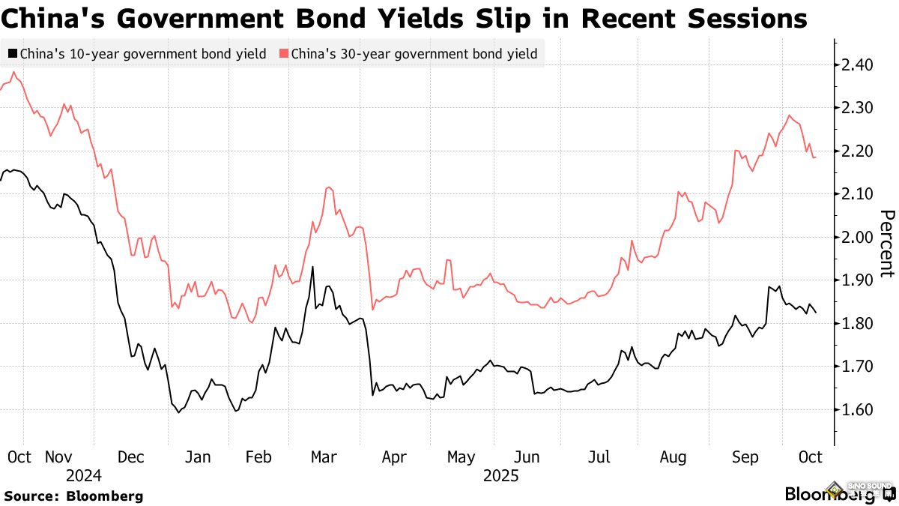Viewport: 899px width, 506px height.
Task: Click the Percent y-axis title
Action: pos(886,244)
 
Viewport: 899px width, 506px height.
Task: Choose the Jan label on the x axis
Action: pos(198,457)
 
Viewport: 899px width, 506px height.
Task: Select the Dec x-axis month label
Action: pos(132,457)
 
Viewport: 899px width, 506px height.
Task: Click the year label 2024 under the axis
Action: pos(83,475)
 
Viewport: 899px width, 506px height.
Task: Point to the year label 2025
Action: pos(500,475)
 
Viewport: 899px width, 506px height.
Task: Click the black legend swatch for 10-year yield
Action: pos(13,54)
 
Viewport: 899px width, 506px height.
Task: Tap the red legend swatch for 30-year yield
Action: pos(283,54)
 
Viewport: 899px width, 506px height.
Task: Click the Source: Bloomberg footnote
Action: pos(73,496)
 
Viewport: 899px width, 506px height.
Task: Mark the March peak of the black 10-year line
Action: pos(312,267)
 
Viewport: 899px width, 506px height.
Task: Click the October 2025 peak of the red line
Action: pos(790,115)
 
